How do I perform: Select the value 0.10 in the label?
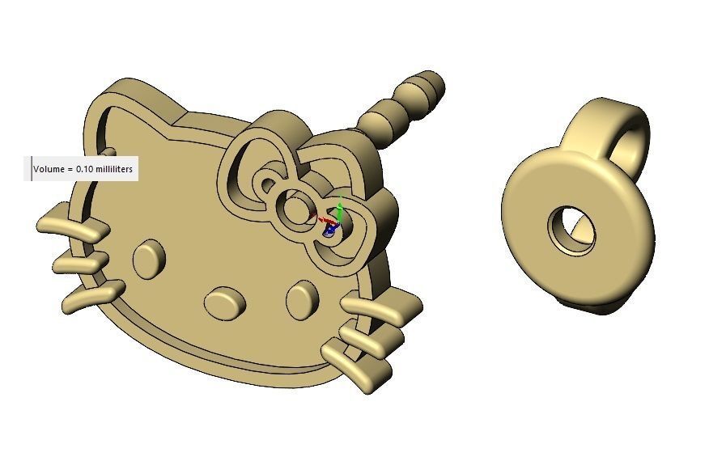(x=83, y=170)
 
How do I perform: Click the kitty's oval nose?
(x=225, y=302)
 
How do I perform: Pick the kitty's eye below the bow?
(x=302, y=298)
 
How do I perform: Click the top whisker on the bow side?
(x=380, y=306)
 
